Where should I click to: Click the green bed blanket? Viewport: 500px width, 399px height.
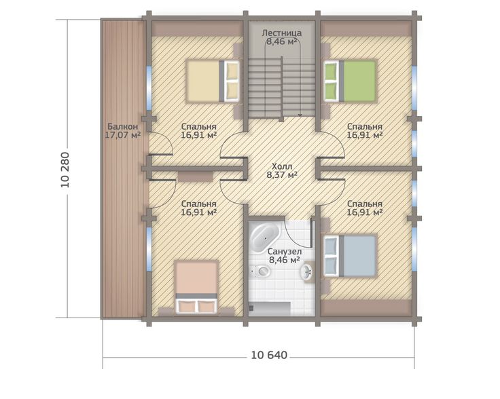pos(359,81)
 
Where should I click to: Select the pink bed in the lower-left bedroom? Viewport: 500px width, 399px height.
pos(197,287)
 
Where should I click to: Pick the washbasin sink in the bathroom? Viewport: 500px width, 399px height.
pos(308,271)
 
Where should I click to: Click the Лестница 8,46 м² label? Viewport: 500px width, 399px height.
pos(282,37)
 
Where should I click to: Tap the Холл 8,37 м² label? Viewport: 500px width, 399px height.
pos(282,170)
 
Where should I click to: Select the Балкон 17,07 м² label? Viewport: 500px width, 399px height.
pos(123,131)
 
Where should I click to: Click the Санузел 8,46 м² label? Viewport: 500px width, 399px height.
pos(285,256)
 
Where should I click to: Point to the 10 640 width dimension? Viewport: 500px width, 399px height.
pos(269,355)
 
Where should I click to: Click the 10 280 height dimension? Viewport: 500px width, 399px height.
pos(65,170)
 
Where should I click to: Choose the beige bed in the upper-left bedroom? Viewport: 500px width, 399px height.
pos(213,81)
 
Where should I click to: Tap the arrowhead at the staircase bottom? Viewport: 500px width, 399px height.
pos(300,115)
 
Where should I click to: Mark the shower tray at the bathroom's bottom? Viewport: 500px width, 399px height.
pos(270,309)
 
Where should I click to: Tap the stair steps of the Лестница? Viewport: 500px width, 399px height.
pos(282,88)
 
